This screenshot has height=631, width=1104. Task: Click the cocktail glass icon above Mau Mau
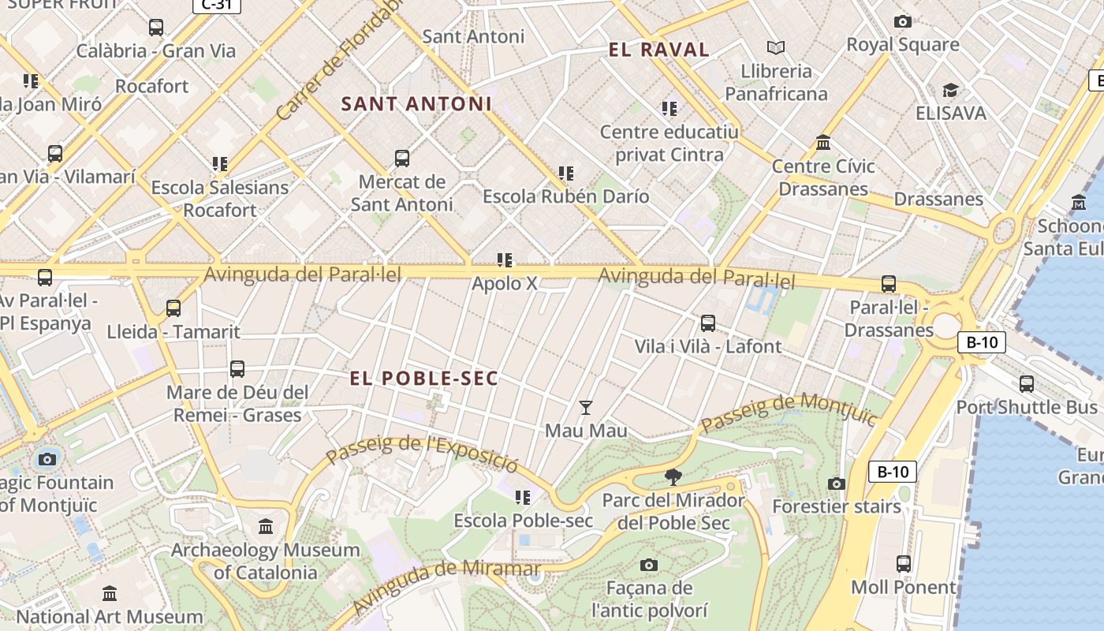[585, 408]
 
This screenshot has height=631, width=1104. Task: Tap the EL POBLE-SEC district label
[424, 379]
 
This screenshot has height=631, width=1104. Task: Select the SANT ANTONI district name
[416, 104]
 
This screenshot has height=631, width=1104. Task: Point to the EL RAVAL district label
[659, 50]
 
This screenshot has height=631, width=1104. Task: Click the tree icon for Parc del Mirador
[673, 476]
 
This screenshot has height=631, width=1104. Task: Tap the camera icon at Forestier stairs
[837, 484]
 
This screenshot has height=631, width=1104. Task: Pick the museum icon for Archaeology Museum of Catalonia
[266, 526]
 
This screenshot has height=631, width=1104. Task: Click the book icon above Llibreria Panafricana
[776, 48]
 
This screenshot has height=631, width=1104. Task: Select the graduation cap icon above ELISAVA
[950, 91]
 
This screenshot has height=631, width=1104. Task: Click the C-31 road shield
[217, 6]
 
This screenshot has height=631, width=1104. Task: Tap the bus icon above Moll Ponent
[904, 564]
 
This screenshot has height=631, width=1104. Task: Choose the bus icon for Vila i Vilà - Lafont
[708, 323]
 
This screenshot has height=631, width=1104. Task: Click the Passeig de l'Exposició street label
[422, 453]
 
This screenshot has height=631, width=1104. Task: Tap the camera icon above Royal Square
[903, 22]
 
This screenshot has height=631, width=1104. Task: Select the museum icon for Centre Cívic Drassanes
[823, 143]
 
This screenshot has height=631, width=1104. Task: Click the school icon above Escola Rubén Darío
[565, 173]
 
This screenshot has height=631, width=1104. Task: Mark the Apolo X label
[505, 283]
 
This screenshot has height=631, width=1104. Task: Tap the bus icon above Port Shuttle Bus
[1026, 384]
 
